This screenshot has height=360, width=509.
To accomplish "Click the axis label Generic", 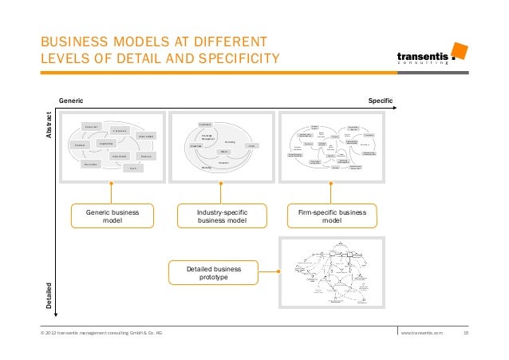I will coord(71,101).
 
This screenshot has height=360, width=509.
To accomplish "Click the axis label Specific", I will coord(381,101).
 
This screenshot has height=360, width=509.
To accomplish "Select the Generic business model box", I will coord(112,217).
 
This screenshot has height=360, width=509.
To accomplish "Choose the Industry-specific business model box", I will coord(222,217).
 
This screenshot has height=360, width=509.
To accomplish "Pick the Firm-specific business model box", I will coord(332,217).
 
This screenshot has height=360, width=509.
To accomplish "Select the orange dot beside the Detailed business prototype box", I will coord(279,272).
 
